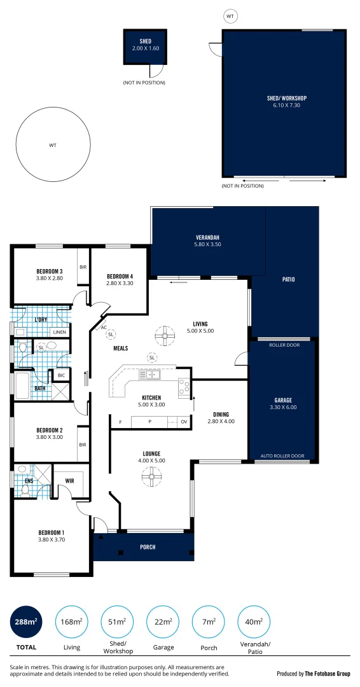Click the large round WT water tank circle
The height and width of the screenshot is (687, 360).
point(52,146)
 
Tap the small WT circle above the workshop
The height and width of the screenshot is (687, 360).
point(230,15)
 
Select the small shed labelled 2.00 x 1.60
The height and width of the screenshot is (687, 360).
point(144,46)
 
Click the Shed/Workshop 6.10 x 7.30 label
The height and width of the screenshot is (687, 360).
point(286,102)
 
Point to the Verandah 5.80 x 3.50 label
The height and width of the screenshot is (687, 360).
point(207,242)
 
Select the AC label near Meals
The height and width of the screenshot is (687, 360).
point(104,327)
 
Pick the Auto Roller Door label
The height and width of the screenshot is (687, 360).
point(284,456)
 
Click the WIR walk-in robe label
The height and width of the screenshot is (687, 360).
point(70,481)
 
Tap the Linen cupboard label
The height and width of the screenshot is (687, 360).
point(59,332)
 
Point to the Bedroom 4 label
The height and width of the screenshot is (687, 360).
point(120,279)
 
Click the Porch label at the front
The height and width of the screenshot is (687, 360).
point(148,547)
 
